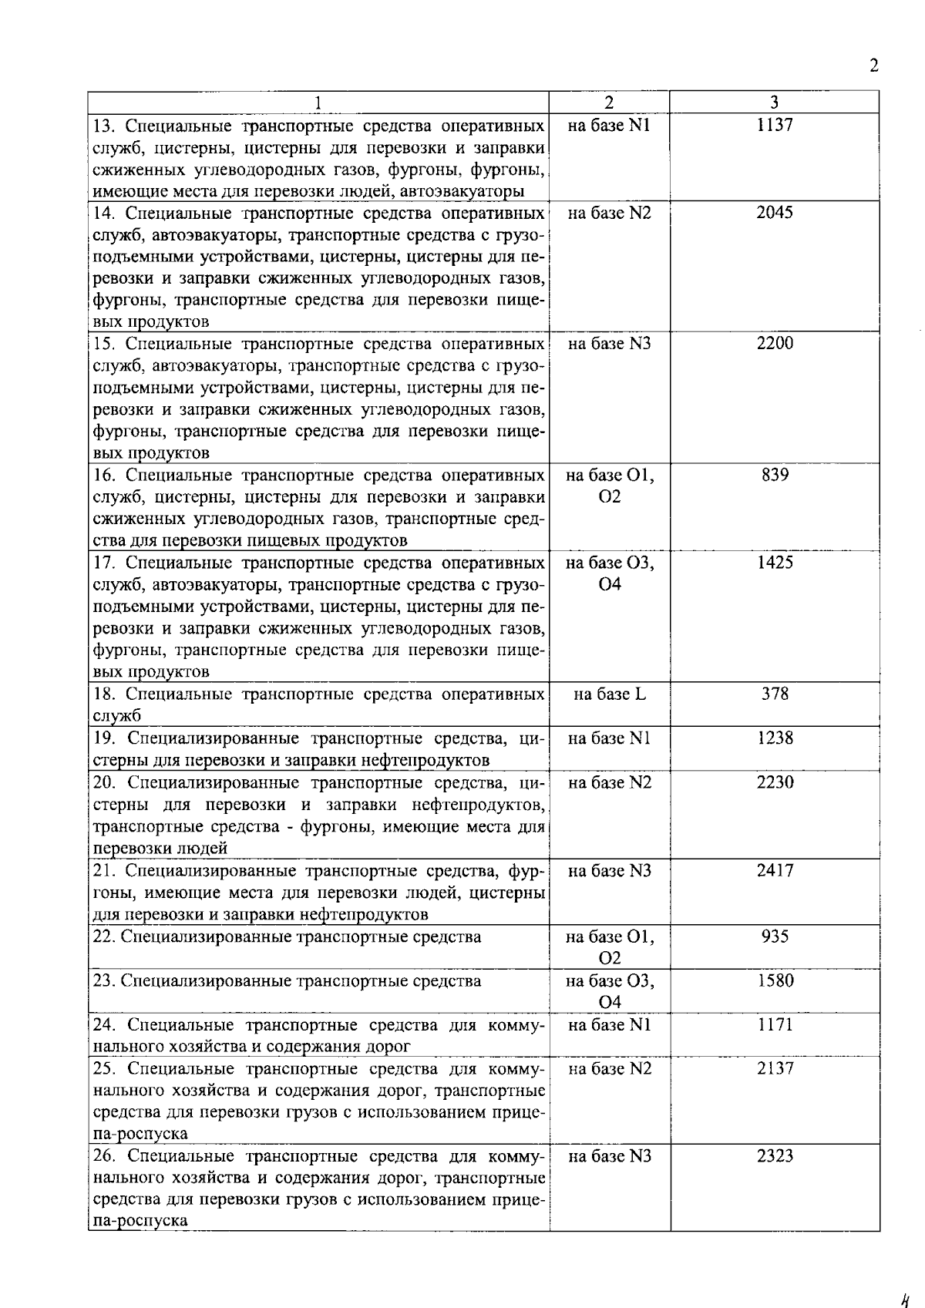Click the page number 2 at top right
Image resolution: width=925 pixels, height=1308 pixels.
tap(873, 66)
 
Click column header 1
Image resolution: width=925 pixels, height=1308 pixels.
tap(318, 103)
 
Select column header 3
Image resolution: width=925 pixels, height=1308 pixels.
tap(774, 103)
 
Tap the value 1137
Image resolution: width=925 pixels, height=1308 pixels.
tap(774, 125)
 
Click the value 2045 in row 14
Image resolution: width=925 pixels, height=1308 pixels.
tap(774, 213)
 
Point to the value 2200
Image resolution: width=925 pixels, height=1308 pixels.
tap(774, 344)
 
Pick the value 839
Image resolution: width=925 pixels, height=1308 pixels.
tap(774, 475)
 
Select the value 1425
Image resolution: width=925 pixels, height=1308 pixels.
tap(774, 563)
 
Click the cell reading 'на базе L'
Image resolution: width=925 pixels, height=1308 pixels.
tap(609, 694)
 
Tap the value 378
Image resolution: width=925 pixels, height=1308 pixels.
tap(774, 694)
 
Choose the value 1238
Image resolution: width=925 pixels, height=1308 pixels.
tap(774, 738)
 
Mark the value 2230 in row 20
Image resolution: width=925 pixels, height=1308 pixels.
tap(774, 782)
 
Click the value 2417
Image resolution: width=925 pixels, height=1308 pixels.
tap(774, 871)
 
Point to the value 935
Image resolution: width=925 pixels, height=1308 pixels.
tap(774, 936)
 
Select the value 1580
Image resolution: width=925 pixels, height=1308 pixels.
tap(774, 980)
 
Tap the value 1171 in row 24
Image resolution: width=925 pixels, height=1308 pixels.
tap(774, 1024)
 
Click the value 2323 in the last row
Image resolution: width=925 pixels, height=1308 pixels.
tap(774, 1156)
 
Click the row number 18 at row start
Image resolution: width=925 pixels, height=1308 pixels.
tap(103, 694)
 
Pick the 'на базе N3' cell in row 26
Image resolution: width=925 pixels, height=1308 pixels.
tap(609, 1156)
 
